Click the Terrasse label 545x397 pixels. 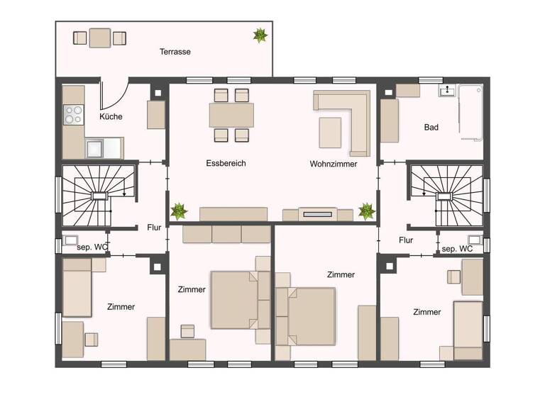(175, 52)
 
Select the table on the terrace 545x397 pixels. (99, 38)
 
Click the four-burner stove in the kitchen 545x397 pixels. (73, 115)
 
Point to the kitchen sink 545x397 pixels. (95, 147)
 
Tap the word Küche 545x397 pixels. (111, 116)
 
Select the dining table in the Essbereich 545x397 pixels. (231, 115)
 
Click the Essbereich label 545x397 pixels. (226, 163)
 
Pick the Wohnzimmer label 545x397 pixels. (333, 164)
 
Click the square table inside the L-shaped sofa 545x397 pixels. (331, 132)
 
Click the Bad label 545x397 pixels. (431, 128)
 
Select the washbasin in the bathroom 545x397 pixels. (447, 90)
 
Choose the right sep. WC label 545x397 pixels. (456, 250)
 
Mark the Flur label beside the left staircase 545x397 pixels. (154, 228)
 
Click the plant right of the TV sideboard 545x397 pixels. (366, 211)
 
